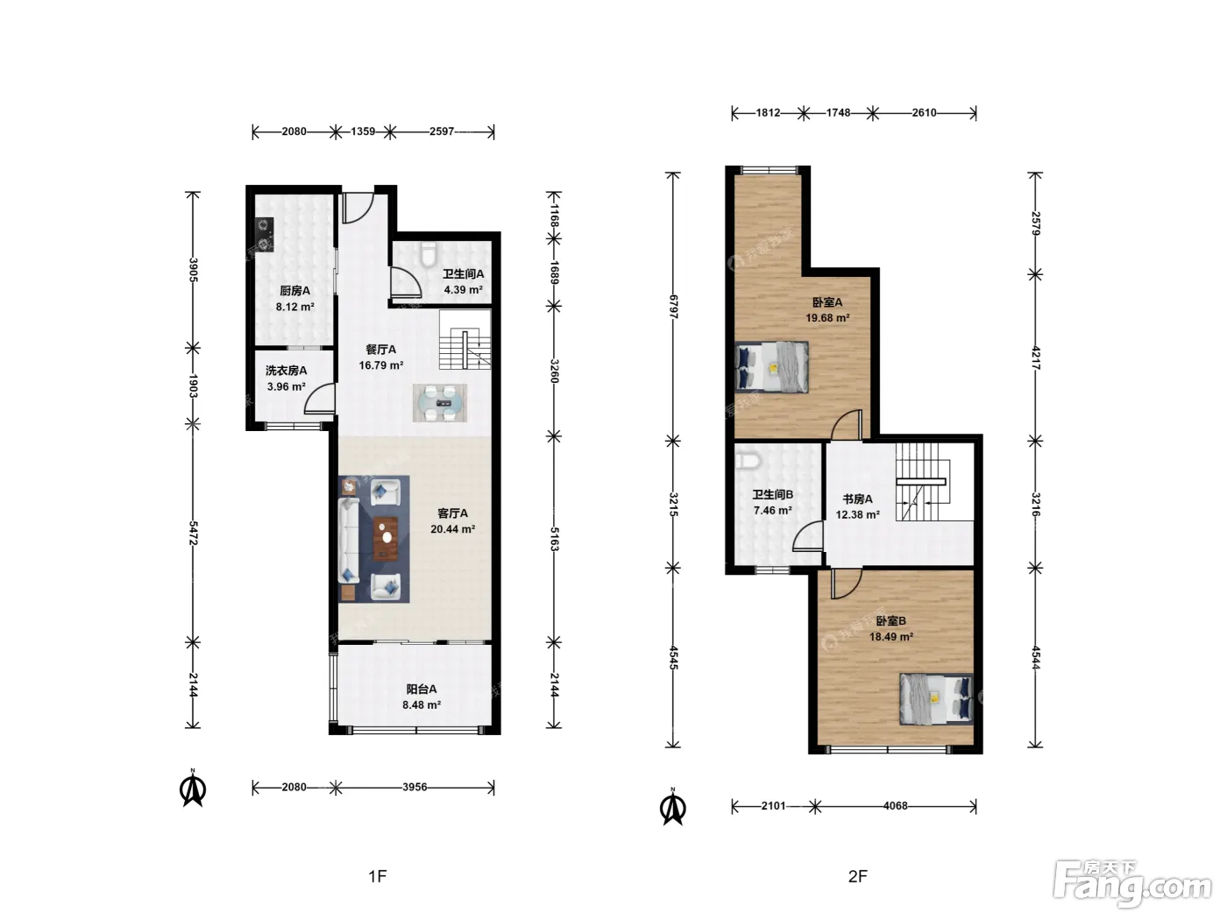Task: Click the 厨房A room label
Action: click(294, 291)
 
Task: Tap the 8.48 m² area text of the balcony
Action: click(422, 705)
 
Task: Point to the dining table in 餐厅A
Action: click(440, 403)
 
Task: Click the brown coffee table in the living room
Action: click(386, 539)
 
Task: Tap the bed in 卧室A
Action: click(771, 367)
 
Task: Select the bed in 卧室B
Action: click(936, 699)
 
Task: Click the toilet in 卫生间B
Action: click(748, 461)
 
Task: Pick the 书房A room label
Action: click(857, 499)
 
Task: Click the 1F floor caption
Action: click(378, 876)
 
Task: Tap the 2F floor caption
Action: click(857, 876)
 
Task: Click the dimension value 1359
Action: click(363, 131)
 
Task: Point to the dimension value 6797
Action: click(674, 307)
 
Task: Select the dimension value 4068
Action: click(896, 805)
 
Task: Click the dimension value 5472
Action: click(193, 533)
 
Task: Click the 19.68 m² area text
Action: click(827, 318)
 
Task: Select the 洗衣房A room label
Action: click(287, 371)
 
